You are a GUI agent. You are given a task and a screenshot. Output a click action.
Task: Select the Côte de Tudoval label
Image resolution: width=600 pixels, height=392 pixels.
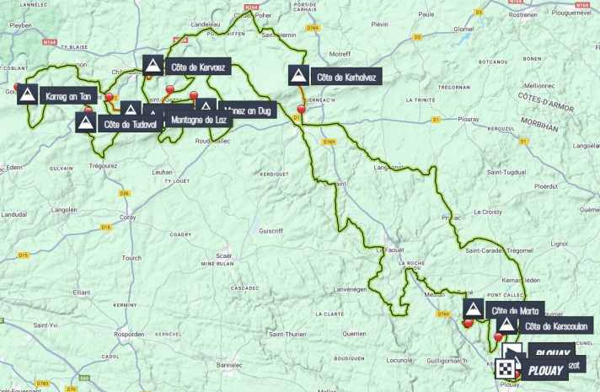point(129,124)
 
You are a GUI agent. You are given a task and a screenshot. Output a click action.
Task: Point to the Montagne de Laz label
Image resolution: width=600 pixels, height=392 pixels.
point(198,120)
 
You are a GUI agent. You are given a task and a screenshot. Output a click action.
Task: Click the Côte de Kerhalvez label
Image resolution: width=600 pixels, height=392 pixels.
point(345,77)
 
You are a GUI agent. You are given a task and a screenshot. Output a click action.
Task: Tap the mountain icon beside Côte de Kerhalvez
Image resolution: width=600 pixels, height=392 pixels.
point(297,76)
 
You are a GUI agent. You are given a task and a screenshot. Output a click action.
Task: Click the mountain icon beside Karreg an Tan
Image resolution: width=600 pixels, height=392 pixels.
point(27,94)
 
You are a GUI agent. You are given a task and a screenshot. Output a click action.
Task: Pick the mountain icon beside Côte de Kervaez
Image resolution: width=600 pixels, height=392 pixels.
point(152,65)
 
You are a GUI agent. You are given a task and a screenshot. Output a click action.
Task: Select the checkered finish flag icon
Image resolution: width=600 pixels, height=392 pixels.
point(506,368)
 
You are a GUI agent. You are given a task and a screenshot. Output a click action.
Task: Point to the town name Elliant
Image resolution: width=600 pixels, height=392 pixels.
point(81,292)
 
